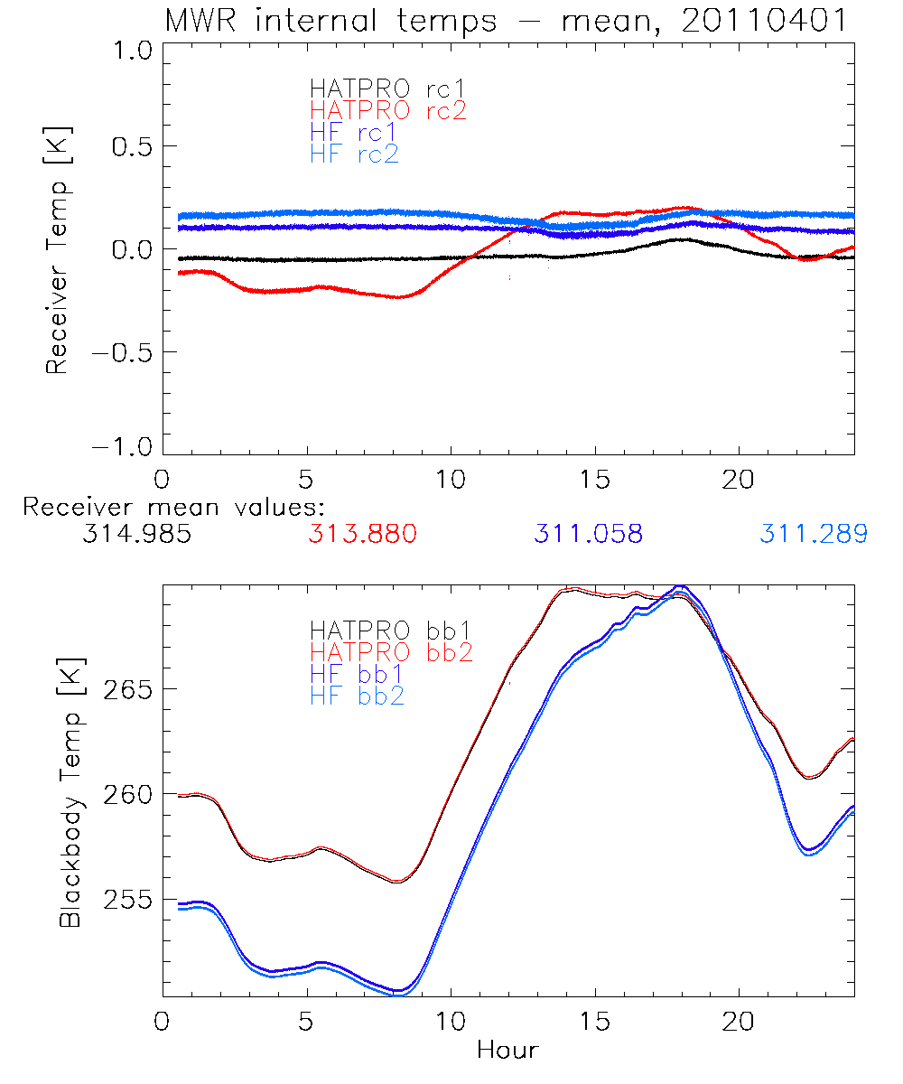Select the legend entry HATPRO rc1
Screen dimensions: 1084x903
[x=377, y=89]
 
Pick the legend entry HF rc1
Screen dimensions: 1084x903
[x=353, y=132]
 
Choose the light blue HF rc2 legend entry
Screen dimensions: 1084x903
[x=353, y=154]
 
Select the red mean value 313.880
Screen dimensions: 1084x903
[x=362, y=535]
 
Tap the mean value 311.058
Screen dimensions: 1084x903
[x=588, y=535]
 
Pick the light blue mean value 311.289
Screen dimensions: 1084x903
[x=814, y=535]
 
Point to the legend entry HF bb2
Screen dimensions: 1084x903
[x=358, y=696]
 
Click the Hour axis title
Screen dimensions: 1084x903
[x=507, y=1051]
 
